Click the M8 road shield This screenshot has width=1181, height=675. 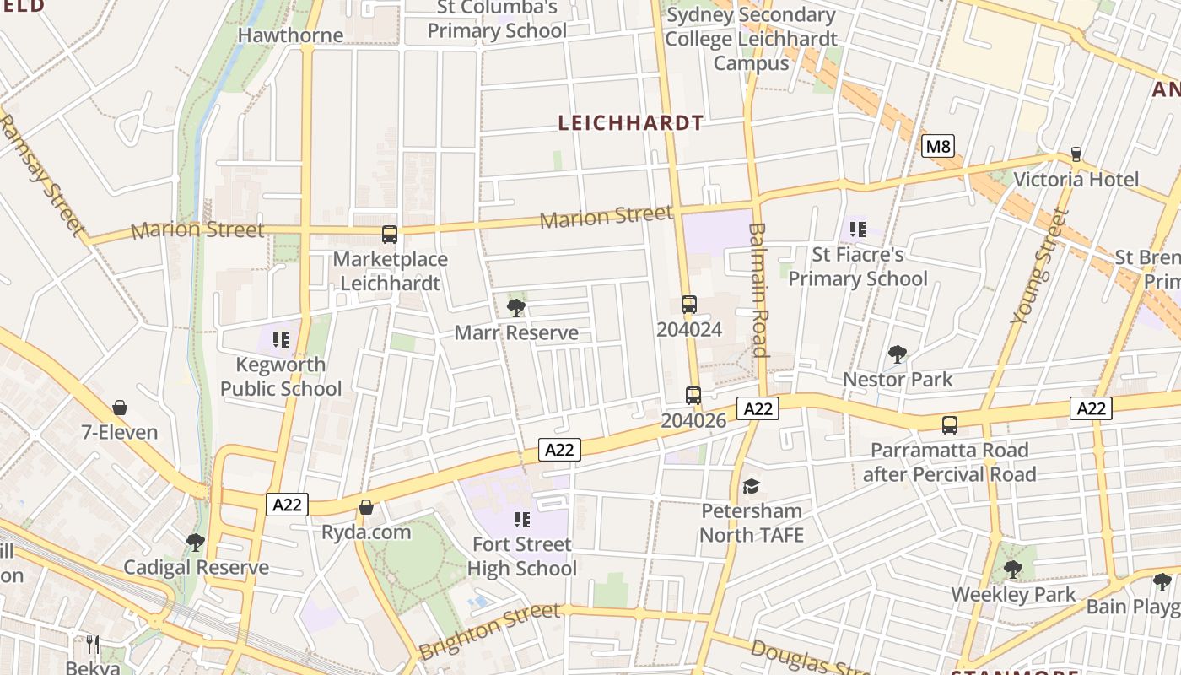937,147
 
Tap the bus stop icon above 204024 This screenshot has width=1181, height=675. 689,305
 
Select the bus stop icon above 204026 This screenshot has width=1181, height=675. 693,395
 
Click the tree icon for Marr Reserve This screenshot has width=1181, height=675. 516,308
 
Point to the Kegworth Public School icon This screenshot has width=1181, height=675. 281,340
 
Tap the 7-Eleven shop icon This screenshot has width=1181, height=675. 120,408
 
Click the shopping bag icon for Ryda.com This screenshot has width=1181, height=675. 366,507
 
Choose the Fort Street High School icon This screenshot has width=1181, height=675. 522,519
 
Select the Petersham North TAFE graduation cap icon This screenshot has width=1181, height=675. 751,486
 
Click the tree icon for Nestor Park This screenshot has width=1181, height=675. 898,354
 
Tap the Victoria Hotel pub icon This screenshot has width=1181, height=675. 1076,154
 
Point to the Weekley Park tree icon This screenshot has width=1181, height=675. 1013,570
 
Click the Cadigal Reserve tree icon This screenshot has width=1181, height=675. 196,542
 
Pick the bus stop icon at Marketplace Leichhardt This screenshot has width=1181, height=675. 390,235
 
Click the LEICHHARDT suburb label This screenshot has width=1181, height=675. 631,123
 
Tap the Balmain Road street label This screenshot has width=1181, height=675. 758,289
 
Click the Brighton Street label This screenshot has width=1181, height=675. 489,631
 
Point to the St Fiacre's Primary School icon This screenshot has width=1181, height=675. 858,229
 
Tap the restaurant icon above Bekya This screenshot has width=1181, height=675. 93,645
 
